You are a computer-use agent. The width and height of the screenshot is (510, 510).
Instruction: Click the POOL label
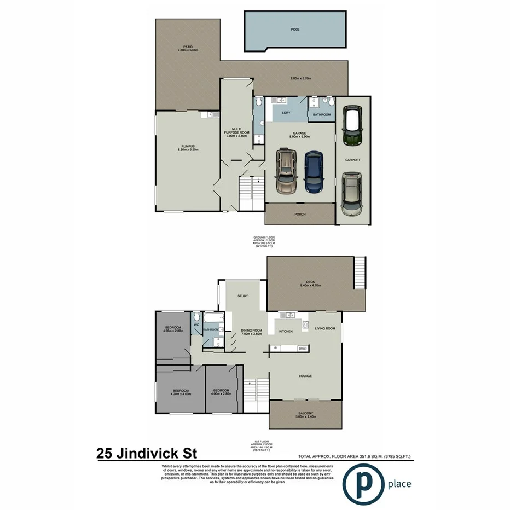click(x=295, y=30)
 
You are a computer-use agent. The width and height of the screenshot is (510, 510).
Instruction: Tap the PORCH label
click(x=299, y=215)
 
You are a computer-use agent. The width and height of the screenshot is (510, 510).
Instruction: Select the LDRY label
click(x=286, y=113)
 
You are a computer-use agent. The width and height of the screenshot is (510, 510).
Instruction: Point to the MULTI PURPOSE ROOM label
click(x=236, y=132)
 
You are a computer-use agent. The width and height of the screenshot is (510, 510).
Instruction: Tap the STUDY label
click(x=242, y=296)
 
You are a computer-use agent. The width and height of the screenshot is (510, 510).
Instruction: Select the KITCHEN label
click(x=286, y=331)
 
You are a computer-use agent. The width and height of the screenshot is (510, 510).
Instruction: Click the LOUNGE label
click(x=305, y=376)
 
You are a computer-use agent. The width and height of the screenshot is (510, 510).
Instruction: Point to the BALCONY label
click(x=306, y=413)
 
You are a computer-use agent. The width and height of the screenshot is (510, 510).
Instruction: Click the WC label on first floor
click(x=196, y=325)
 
